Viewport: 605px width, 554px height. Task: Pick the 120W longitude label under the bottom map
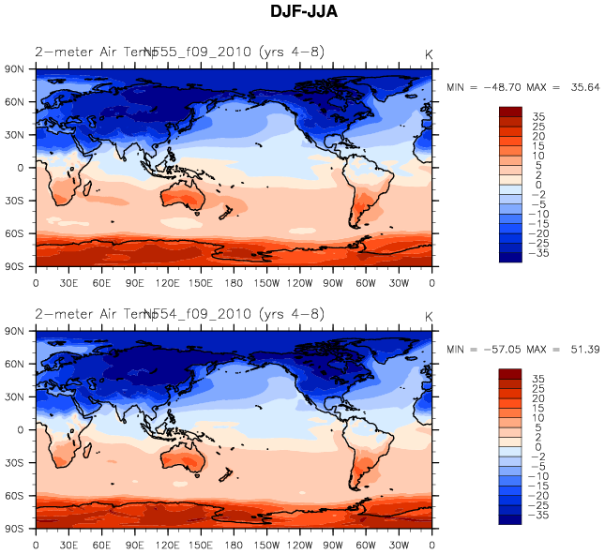[300, 544]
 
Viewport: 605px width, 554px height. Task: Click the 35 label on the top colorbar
[538, 117]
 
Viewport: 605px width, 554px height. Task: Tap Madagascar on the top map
[87, 190]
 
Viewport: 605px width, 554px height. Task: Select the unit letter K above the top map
[429, 55]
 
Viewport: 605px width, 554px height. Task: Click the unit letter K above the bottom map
[429, 317]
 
